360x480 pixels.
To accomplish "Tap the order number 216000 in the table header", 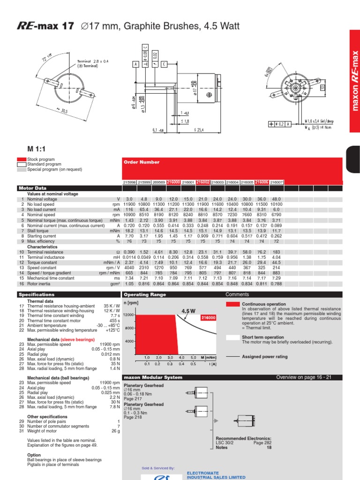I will point(173,181).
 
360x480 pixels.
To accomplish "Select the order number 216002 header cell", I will point(202,181).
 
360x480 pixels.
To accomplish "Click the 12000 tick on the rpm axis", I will point(129,315).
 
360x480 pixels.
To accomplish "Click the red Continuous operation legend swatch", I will point(232,304).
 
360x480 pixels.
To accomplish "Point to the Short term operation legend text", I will point(264,337).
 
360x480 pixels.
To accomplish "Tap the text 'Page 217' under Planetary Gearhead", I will point(133,399).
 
